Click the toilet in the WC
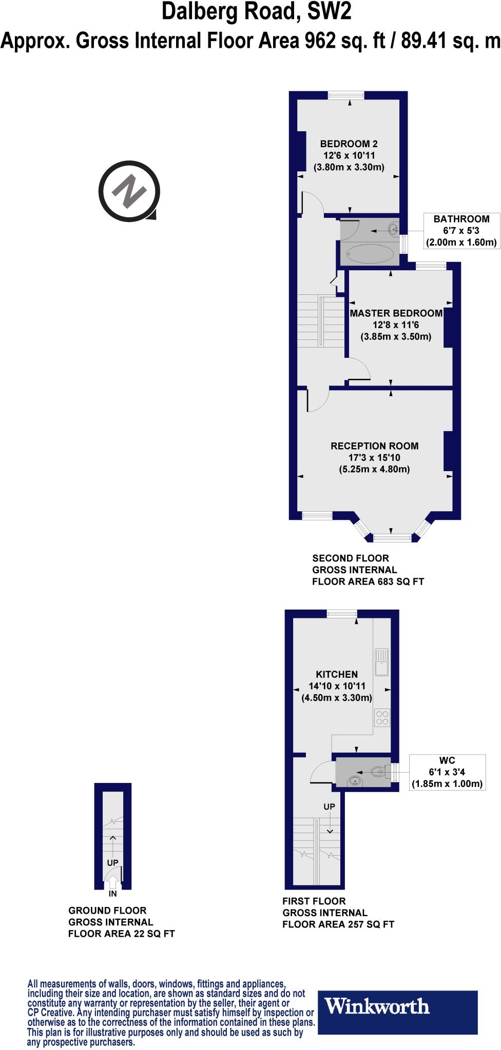click(x=378, y=771)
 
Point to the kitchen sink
click(x=382, y=663)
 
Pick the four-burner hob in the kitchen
click(x=382, y=717)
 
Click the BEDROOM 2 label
click(x=349, y=144)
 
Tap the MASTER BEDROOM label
click(x=396, y=313)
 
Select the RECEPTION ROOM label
click(x=374, y=446)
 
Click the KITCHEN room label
click(x=337, y=674)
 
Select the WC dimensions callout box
click(x=447, y=772)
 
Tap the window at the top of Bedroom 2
click(x=346, y=95)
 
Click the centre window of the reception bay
click(x=392, y=537)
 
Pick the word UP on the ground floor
click(x=113, y=863)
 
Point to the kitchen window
click(x=342, y=613)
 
